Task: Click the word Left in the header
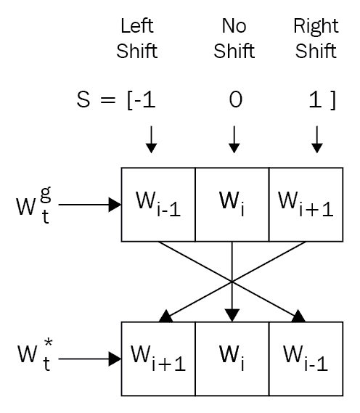(x=137, y=26)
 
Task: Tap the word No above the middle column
(x=234, y=26)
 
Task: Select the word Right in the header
(x=316, y=27)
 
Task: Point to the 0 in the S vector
(x=236, y=99)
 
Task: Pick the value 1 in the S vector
(x=315, y=99)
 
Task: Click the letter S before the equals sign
(x=83, y=99)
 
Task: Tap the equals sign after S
(x=108, y=100)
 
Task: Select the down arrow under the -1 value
(x=151, y=139)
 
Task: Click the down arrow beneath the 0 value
(x=234, y=139)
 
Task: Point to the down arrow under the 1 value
(x=317, y=139)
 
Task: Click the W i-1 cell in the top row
(x=158, y=205)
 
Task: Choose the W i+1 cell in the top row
(x=306, y=205)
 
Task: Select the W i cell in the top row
(x=232, y=205)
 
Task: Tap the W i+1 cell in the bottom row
(x=158, y=359)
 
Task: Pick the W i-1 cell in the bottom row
(x=306, y=359)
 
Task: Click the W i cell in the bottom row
(x=232, y=359)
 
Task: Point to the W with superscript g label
(x=33, y=205)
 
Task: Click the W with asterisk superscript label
(x=35, y=355)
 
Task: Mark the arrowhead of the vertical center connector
(x=232, y=315)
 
